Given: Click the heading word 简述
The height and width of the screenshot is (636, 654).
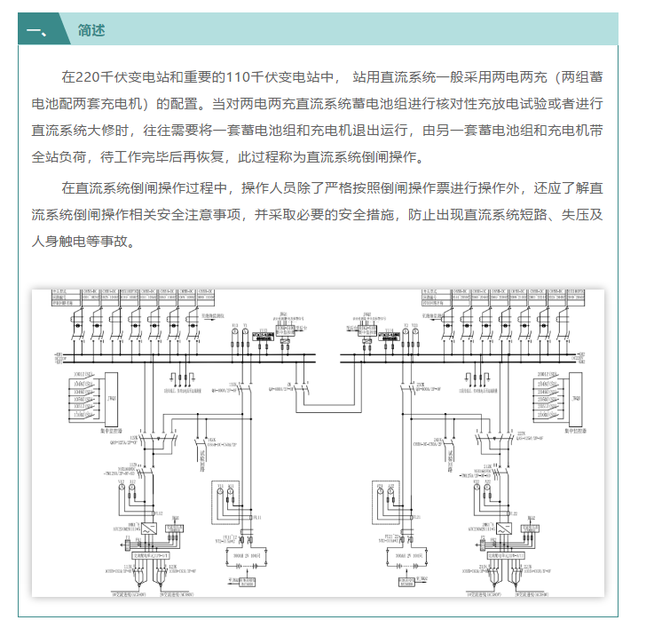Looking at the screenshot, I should (91, 30).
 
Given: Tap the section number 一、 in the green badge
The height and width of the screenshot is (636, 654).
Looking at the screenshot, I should (38, 30).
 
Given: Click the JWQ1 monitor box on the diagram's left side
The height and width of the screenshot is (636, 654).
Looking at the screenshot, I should (111, 400).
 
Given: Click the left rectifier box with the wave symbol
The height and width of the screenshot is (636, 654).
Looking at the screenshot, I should (146, 528).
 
